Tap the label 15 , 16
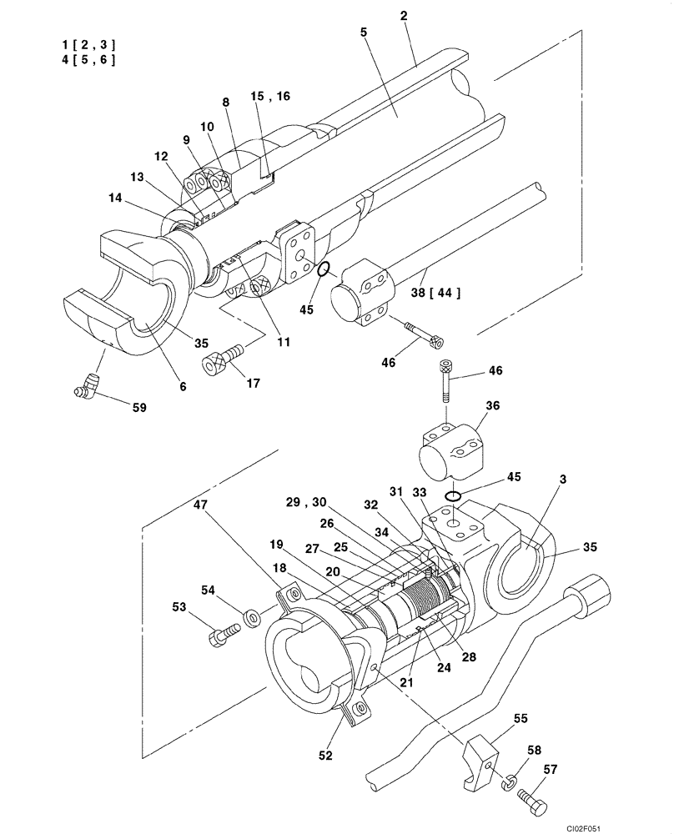pos(270,97)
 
